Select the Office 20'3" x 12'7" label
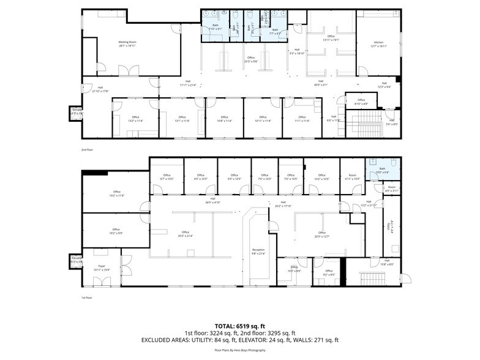coord(317,234)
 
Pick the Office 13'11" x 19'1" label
coord(331,38)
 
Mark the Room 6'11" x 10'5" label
coord(352,177)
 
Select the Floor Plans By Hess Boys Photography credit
coord(239,350)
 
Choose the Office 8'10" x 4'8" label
coord(361,101)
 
